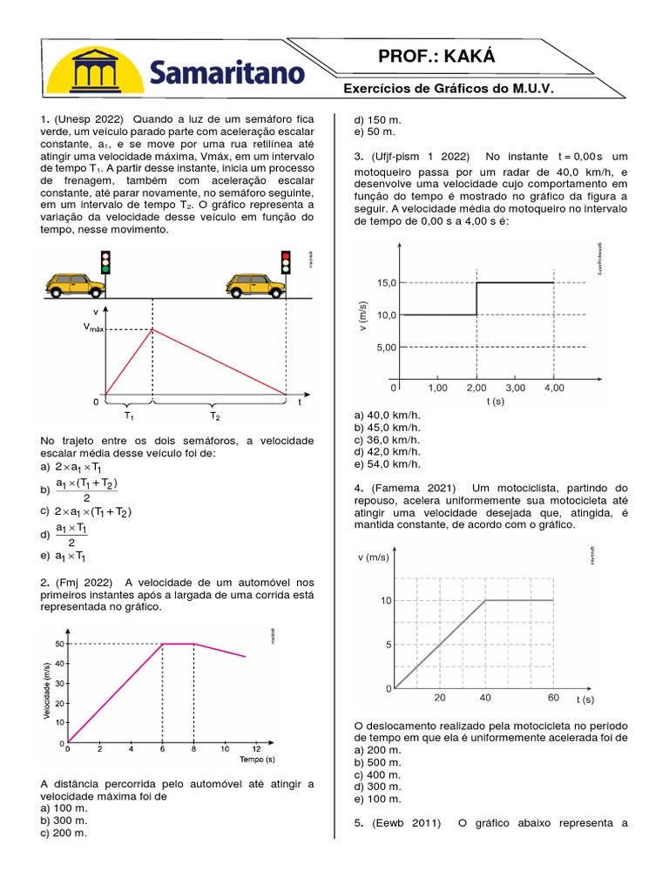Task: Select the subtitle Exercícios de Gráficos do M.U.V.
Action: [449, 90]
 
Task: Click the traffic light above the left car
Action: [105, 261]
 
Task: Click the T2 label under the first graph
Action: [213, 416]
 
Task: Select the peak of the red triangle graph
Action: [153, 328]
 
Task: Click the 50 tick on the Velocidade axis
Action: [59, 644]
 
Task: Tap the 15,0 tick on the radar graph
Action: [387, 283]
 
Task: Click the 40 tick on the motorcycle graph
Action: [484, 698]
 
